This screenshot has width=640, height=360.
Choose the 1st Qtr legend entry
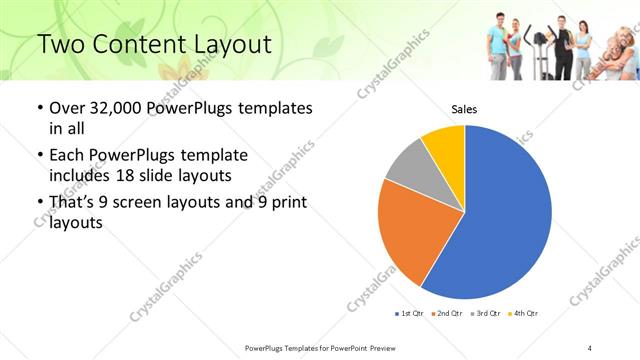(x=410, y=314)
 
